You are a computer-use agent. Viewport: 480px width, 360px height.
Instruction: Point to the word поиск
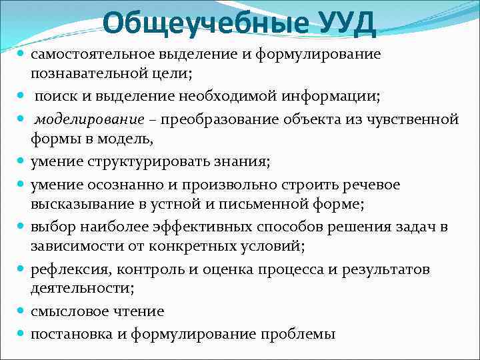pos(55,97)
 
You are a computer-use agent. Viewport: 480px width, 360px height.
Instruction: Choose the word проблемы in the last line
pos(298,333)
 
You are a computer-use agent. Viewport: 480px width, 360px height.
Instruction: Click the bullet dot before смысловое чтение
pos(21,311)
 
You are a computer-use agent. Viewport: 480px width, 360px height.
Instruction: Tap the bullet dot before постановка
pos(21,333)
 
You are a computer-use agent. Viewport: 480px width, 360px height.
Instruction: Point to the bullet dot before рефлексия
pos(21,269)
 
